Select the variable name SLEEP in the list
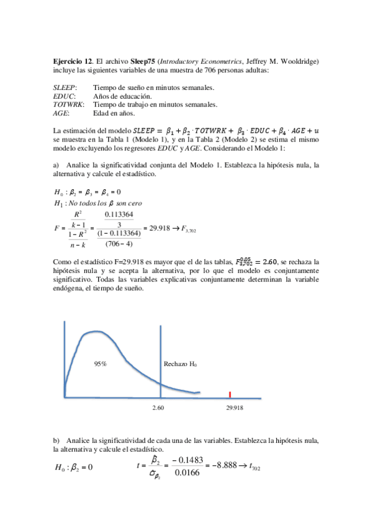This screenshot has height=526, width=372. (65, 89)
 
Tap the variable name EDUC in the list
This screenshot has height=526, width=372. (64, 97)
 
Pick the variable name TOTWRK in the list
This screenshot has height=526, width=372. (68, 105)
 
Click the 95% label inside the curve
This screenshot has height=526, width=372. (101, 364)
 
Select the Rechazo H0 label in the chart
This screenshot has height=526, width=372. (180, 364)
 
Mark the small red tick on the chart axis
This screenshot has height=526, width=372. (230, 394)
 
